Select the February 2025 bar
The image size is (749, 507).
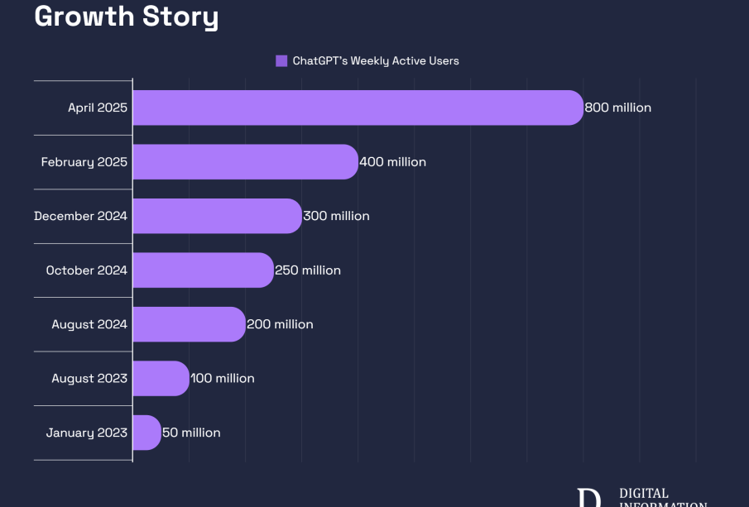pyautogui.click(x=245, y=162)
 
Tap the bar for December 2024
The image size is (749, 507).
pyautogui.click(x=217, y=216)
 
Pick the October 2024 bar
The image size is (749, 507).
pyautogui.click(x=203, y=270)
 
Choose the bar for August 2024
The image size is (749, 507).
pyautogui.click(x=189, y=324)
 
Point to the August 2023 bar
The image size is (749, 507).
pyautogui.click(x=161, y=378)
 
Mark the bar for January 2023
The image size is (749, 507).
pyautogui.click(x=146, y=433)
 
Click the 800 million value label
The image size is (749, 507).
pyautogui.click(x=617, y=108)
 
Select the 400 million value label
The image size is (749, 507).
pyautogui.click(x=392, y=162)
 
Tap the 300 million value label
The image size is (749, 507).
pyautogui.click(x=336, y=216)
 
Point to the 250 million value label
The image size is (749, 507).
pyautogui.click(x=308, y=270)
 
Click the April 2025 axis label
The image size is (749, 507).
pyautogui.click(x=98, y=108)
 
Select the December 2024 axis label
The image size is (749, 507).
pyautogui.click(x=80, y=216)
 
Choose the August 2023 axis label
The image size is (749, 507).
pyautogui.click(x=89, y=378)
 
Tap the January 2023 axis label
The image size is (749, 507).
pyautogui.click(x=87, y=433)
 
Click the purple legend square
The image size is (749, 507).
pyautogui.click(x=281, y=60)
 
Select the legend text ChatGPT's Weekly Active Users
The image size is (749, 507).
pyautogui.click(x=376, y=60)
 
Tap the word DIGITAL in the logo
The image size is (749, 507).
pyautogui.click(x=644, y=494)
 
